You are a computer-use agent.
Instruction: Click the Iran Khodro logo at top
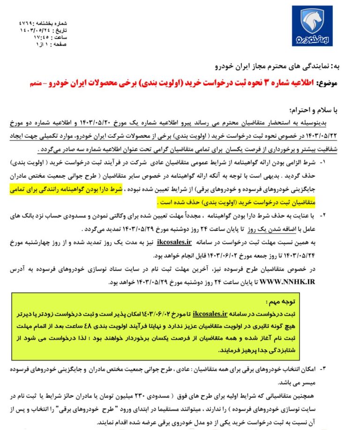pyautogui.click(x=312, y=26)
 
